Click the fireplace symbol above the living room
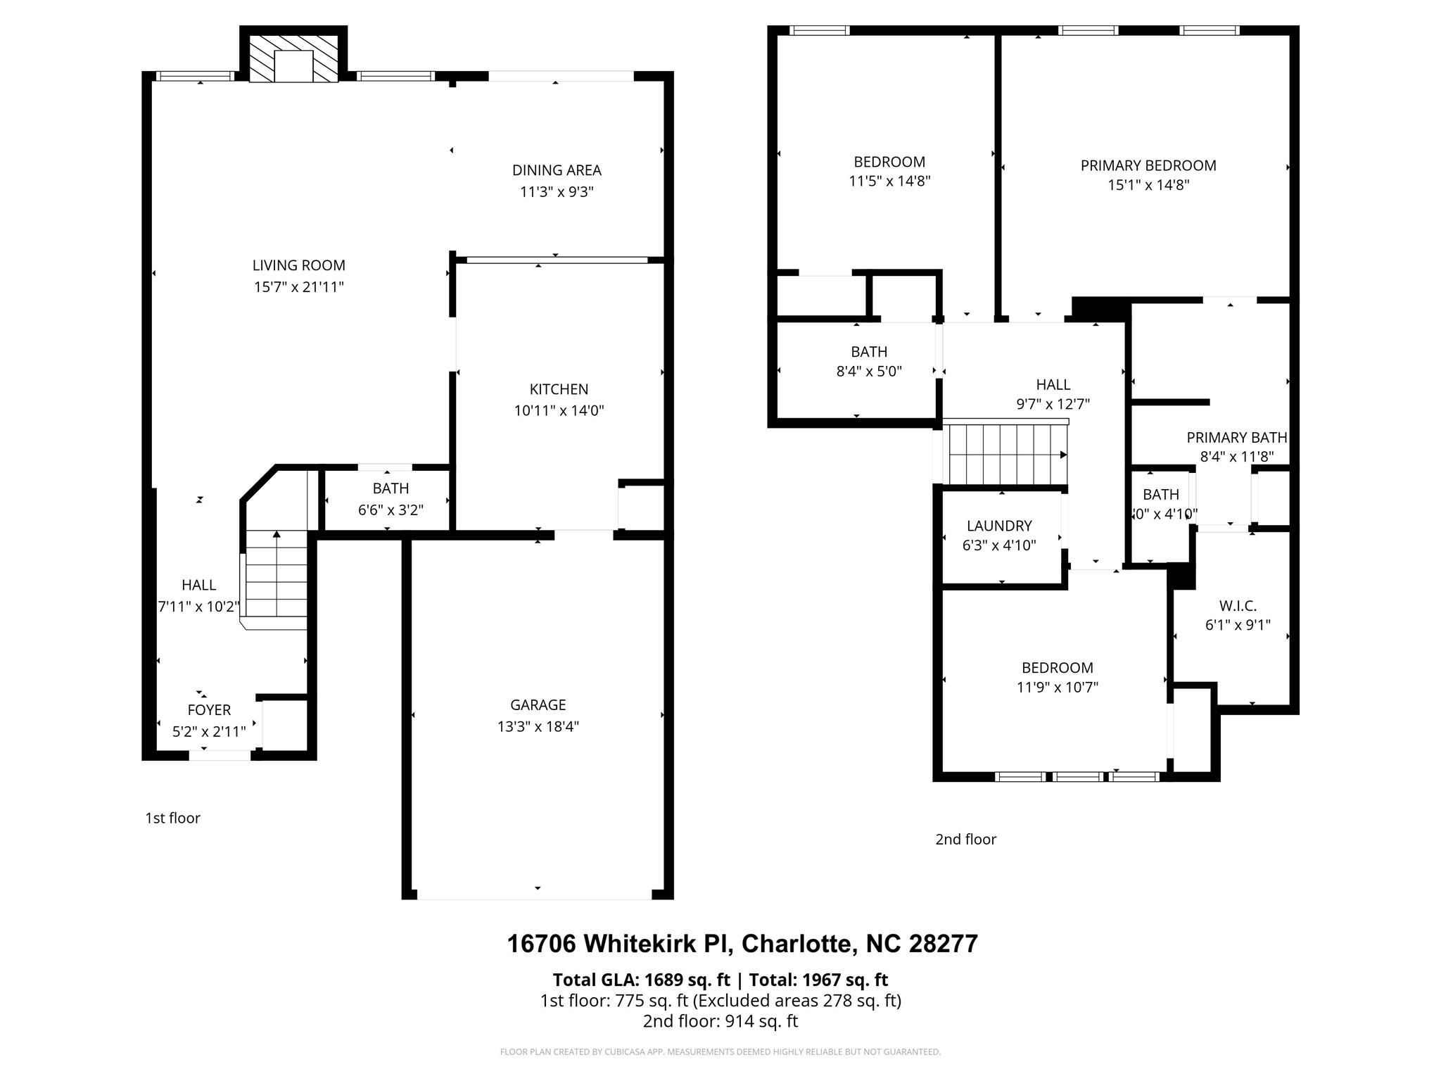pos(293,65)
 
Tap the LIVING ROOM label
pos(298,265)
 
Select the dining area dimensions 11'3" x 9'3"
pos(557,191)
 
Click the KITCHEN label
pos(559,389)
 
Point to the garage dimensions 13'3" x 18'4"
pos(538,726)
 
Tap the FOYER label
pos(209,710)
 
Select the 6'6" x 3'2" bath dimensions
pos(391,510)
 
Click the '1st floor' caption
pos(172,818)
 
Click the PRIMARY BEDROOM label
pos(1148,165)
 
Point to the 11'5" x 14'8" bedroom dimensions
pos(889,181)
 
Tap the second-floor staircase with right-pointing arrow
pos(1006,455)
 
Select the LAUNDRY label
pos(999,526)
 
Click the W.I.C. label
pos(1237,605)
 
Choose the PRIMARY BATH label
pos(1236,438)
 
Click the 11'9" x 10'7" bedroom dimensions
pos(1057,687)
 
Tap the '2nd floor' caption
pos(965,839)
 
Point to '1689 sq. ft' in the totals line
pos(687,980)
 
